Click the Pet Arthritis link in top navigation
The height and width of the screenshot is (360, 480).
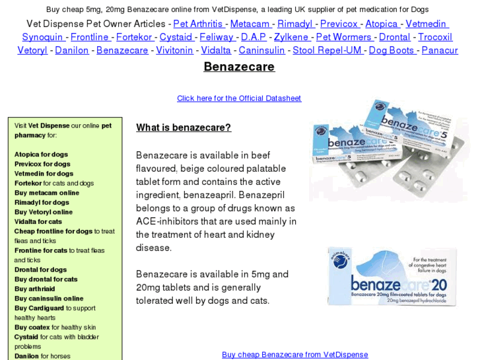tap(197, 24)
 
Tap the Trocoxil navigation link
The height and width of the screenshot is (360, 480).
tap(435, 37)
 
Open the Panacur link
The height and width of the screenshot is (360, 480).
tap(439, 50)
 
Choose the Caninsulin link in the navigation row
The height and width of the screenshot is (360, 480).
tap(261, 50)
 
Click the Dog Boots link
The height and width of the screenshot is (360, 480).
tap(391, 50)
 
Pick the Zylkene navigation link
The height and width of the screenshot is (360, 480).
tap(291, 37)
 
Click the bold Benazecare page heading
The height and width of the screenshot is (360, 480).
tap(239, 67)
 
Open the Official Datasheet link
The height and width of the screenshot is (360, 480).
tap(239, 98)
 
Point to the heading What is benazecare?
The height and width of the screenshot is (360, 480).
tap(184, 127)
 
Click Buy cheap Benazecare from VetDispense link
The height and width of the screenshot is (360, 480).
tap(295, 355)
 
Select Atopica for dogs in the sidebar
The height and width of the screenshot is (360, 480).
tap(41, 155)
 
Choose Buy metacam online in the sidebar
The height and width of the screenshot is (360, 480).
tap(46, 193)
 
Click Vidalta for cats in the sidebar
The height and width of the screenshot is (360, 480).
tap(38, 222)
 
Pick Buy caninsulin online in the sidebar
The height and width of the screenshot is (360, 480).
tap(49, 299)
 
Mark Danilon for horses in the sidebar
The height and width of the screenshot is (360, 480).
tap(41, 356)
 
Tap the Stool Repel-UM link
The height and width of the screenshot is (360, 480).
tap(327, 50)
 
